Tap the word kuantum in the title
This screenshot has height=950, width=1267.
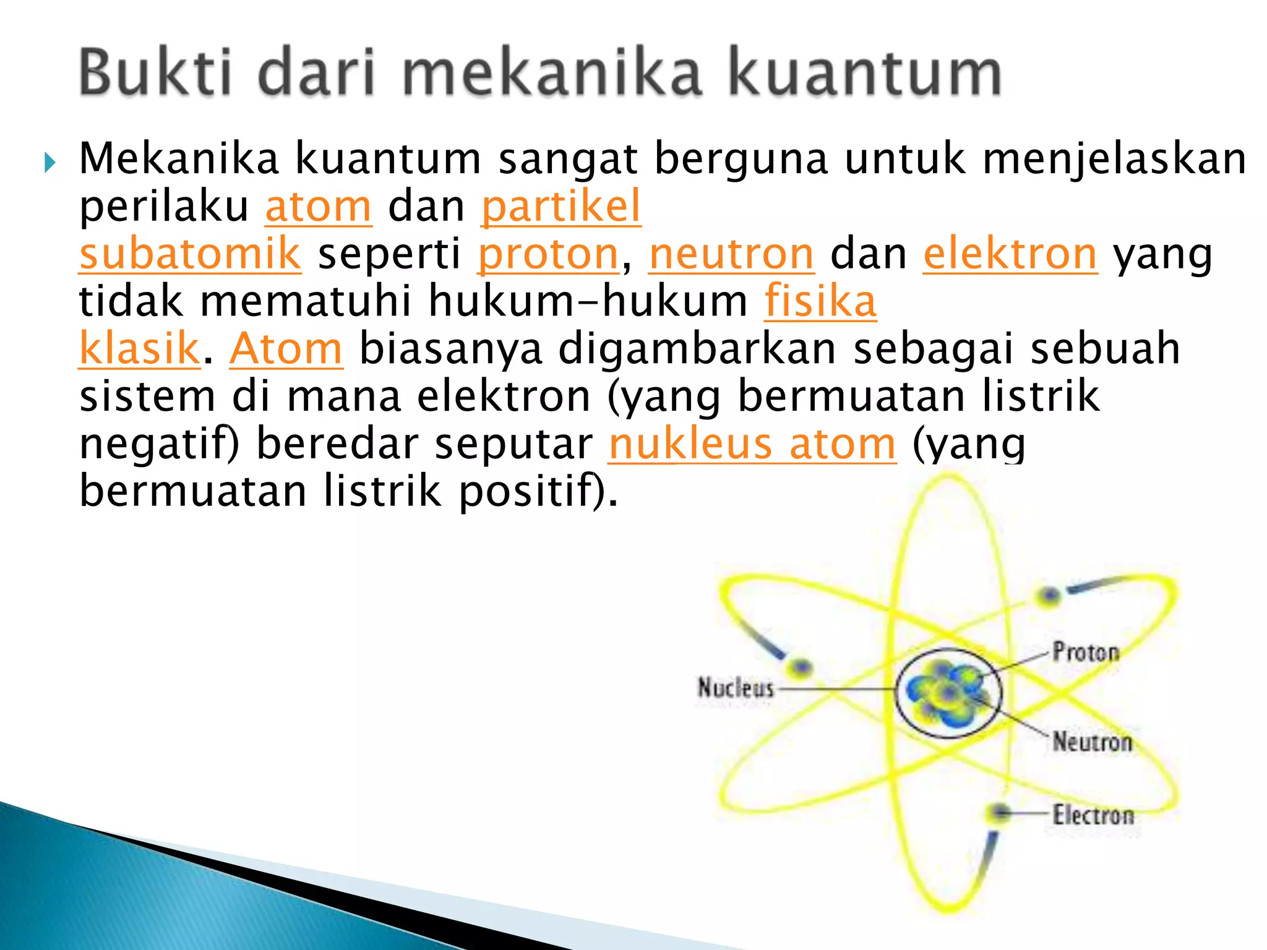[864, 74]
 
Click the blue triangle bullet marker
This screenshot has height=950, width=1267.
[50, 163]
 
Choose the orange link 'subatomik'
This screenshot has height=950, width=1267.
[190, 254]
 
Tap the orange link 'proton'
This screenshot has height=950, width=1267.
[548, 254]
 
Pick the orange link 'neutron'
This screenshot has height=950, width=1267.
[731, 254]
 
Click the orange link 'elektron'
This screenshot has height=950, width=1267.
[1010, 254]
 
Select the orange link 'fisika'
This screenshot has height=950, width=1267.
[820, 302]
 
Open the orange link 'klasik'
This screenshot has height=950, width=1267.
[139, 349]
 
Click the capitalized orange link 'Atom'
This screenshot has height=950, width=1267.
[286, 349]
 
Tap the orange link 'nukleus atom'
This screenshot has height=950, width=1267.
[752, 444]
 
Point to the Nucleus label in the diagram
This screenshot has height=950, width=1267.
[736, 688]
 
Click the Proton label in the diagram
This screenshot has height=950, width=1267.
[1086, 652]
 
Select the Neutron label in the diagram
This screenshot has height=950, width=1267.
[1093, 741]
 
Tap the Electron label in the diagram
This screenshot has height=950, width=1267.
[1094, 815]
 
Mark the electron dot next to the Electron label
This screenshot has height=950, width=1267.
[1000, 812]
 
